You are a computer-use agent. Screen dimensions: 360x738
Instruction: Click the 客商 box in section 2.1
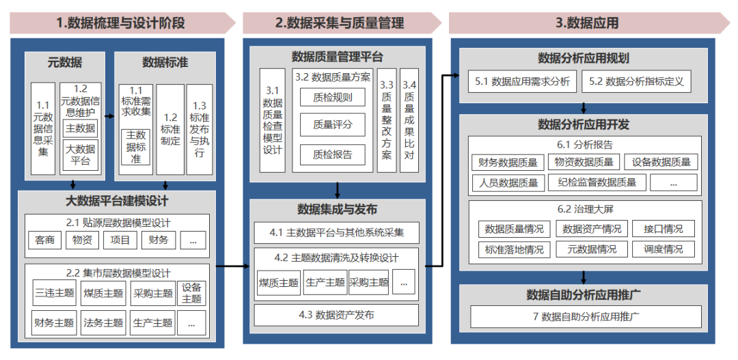pos(45,240)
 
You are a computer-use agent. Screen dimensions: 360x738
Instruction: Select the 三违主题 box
pos(54,294)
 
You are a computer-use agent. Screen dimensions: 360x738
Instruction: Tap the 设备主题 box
pos(191,294)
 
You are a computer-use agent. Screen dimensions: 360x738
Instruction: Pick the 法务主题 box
pos(102,322)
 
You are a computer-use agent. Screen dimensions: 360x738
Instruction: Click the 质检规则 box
pos(333,97)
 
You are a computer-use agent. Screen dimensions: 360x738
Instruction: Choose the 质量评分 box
pos(333,126)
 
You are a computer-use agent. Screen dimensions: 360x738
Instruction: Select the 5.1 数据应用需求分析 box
pos(522,81)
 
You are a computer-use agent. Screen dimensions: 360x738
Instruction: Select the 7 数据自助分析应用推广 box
pos(586,317)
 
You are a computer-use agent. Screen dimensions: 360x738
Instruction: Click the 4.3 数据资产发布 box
pos(336,315)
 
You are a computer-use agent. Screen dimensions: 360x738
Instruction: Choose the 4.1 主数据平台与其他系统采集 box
pos(336,232)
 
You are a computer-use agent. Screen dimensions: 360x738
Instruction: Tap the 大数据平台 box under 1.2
pos(80,155)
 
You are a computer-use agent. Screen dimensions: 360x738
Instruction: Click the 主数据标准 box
pos(136,147)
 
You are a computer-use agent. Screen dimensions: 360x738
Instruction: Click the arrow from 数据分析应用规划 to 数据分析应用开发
pos(585,108)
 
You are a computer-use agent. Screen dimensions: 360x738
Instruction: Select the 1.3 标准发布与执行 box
pos(199,130)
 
